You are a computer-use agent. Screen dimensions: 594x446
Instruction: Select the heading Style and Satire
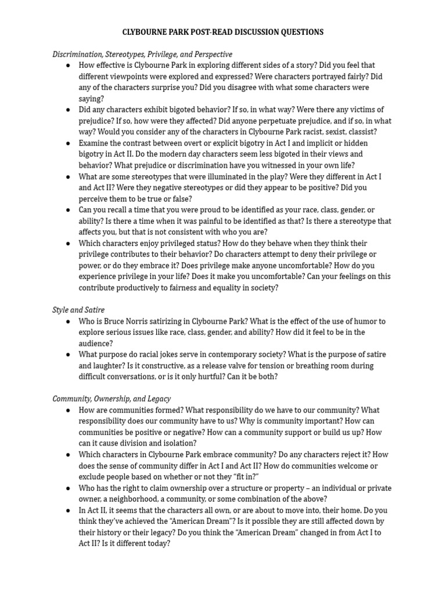click(x=78, y=310)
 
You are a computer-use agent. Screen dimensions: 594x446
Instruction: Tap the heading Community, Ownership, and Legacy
click(x=111, y=399)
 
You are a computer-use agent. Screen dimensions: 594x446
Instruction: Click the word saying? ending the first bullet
click(x=91, y=99)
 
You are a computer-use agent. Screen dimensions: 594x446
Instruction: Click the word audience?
click(x=96, y=343)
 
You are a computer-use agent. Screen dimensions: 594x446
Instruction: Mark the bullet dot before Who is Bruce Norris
click(x=68, y=321)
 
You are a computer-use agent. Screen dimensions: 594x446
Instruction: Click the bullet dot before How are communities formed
click(x=68, y=410)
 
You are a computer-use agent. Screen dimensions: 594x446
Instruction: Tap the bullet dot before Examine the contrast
click(x=68, y=143)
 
